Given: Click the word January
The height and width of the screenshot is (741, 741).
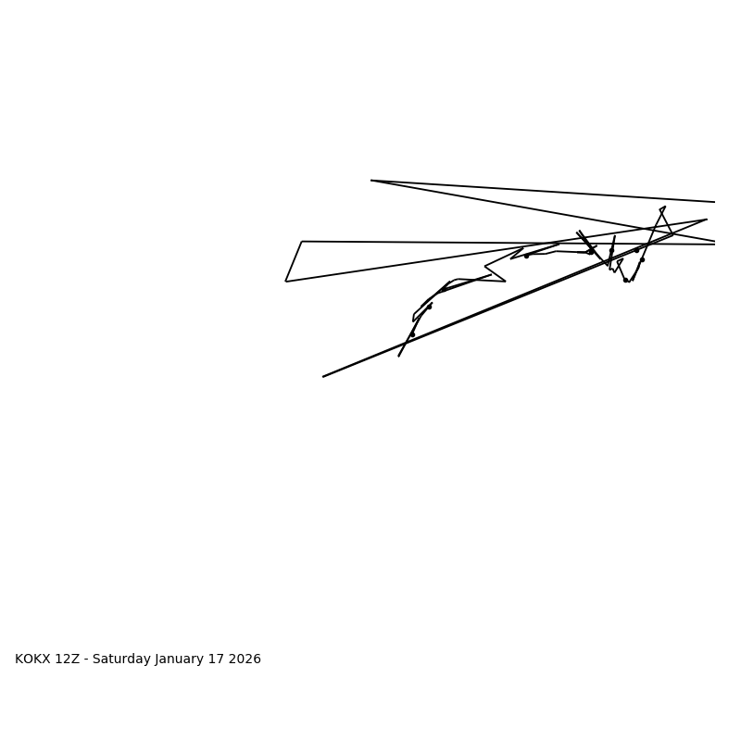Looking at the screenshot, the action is point(181,659).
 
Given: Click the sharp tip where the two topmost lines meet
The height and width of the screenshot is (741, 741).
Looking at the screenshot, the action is point(371,181).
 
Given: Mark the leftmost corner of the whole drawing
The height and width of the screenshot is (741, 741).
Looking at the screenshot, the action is point(285,282).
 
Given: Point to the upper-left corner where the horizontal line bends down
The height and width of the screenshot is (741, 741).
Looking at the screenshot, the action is point(302,242).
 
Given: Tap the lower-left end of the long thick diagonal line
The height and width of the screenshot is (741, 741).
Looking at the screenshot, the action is point(323,377).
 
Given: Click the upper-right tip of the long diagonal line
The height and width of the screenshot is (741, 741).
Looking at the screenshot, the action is point(707,220).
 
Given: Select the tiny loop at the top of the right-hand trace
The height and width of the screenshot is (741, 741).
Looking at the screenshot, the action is point(662,209).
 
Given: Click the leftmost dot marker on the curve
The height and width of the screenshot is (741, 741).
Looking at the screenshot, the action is point(412,334).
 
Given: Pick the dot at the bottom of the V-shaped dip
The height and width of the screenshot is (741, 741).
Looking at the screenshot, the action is point(626,280).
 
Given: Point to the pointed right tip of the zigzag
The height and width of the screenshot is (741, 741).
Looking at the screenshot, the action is point(506,282).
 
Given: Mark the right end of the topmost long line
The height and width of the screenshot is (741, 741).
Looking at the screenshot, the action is point(715,202).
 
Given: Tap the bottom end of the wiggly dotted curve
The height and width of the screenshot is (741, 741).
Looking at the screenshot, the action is point(399,356).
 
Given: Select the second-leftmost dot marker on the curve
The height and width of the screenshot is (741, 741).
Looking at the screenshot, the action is point(429,307).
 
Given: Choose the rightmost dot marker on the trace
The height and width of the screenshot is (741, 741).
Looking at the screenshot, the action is point(642,259).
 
